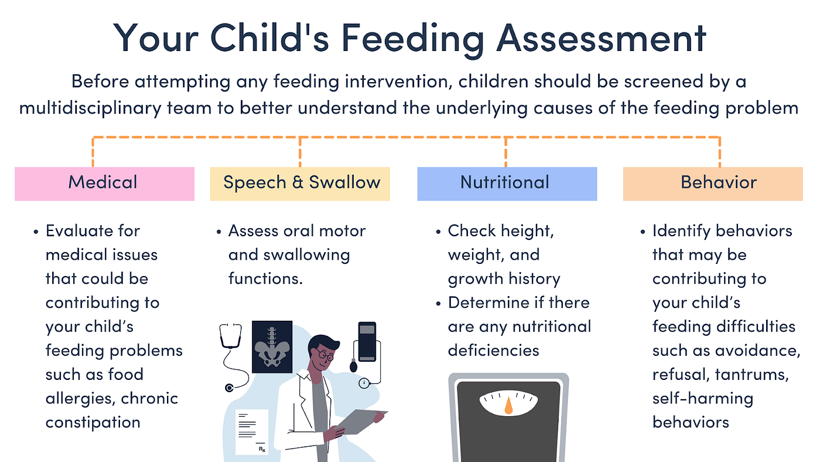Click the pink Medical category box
coord(104,184)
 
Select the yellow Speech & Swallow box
coord(300,184)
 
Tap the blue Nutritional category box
coord(507,184)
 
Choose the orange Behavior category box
coord(713,184)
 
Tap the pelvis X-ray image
coord(272,346)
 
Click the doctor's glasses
coord(326,355)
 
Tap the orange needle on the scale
coord(508,405)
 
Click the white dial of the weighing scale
coord(508,402)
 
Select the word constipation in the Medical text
coord(93,422)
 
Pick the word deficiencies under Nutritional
coord(493,351)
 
